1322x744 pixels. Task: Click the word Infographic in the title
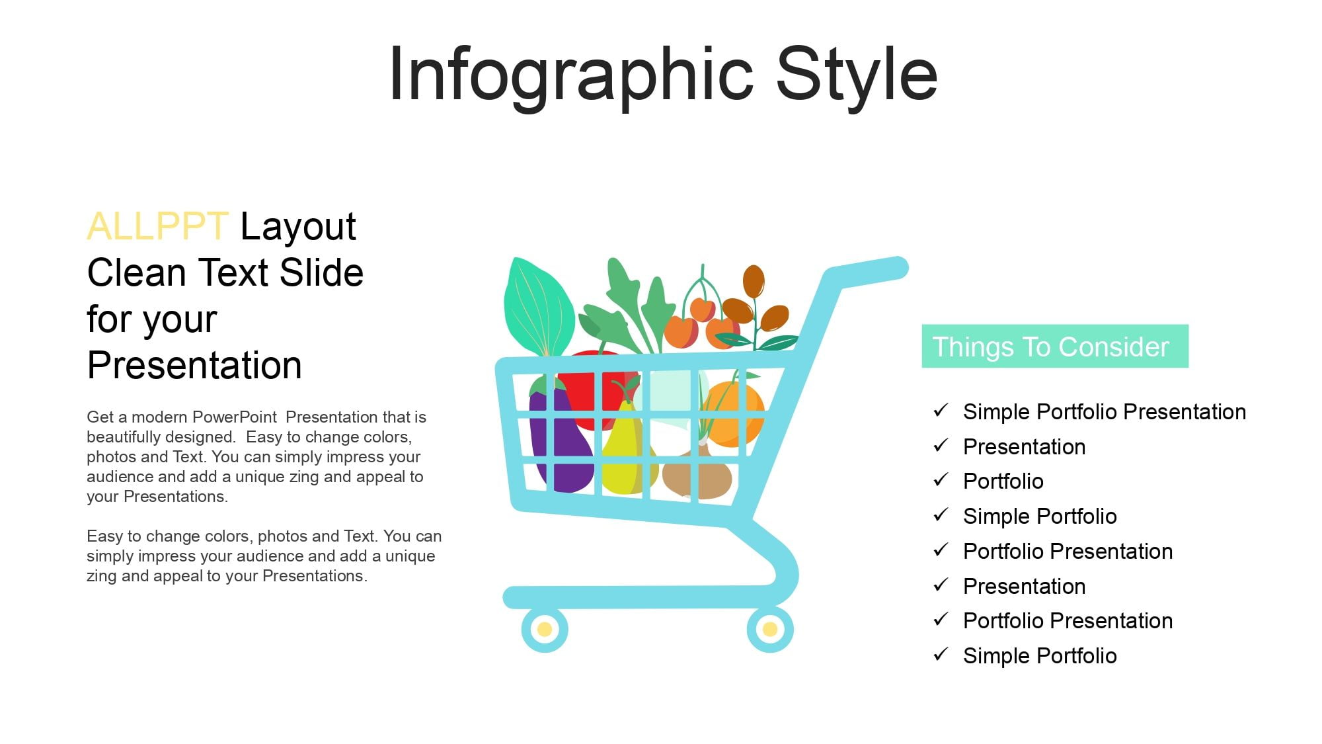click(x=571, y=75)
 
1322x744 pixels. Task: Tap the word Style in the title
click(x=857, y=75)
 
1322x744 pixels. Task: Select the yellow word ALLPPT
click(x=157, y=226)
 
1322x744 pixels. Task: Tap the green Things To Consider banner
click(x=1055, y=346)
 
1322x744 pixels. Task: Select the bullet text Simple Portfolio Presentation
click(x=1104, y=412)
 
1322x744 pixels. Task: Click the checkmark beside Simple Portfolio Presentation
click(x=941, y=411)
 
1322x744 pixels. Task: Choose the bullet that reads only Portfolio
click(x=1003, y=481)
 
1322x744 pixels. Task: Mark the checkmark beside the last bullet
click(x=941, y=655)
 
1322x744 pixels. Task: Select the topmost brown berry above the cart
click(x=754, y=282)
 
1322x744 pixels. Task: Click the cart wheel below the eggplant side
click(x=545, y=629)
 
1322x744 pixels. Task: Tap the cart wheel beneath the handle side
click(x=770, y=629)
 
